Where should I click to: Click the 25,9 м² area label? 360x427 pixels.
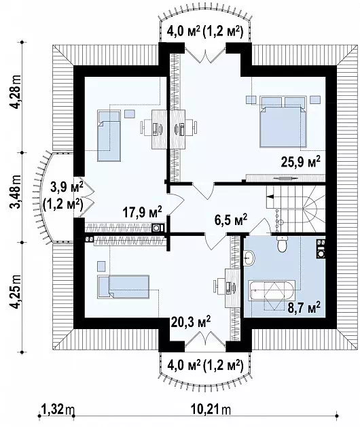point(300,163)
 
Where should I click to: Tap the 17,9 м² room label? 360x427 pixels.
point(142,211)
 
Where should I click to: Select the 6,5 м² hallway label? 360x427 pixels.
point(231,220)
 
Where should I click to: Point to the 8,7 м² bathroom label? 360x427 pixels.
point(304,307)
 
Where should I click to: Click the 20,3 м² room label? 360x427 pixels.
point(191,322)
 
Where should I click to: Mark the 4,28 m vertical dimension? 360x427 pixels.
point(16,92)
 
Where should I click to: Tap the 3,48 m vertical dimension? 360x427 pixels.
point(16,192)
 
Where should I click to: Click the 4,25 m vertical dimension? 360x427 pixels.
point(16,292)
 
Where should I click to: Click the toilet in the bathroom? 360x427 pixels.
point(282,244)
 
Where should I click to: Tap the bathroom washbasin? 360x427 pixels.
point(249,258)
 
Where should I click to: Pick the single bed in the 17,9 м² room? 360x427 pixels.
point(109,135)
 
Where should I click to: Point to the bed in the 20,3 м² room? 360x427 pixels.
point(124,287)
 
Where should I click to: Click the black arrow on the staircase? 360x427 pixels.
point(270,197)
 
